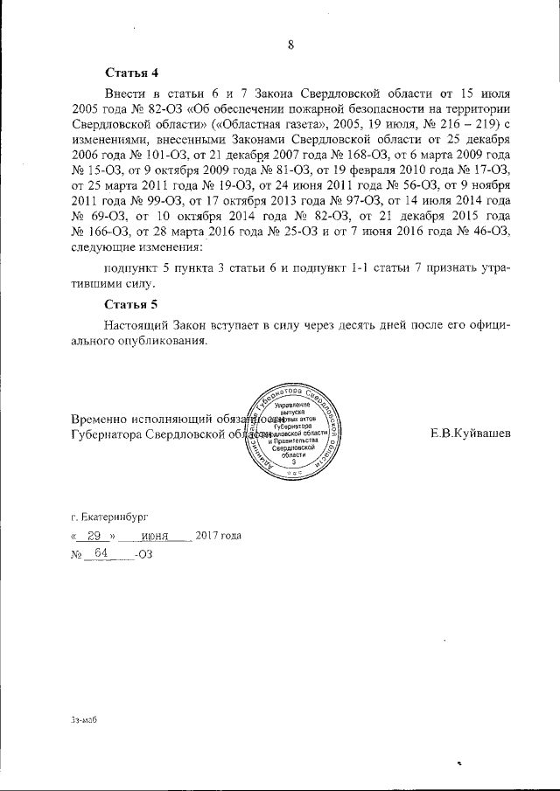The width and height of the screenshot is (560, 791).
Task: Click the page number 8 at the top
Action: coord(290,46)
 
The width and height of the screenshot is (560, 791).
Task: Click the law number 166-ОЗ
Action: coord(104,230)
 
